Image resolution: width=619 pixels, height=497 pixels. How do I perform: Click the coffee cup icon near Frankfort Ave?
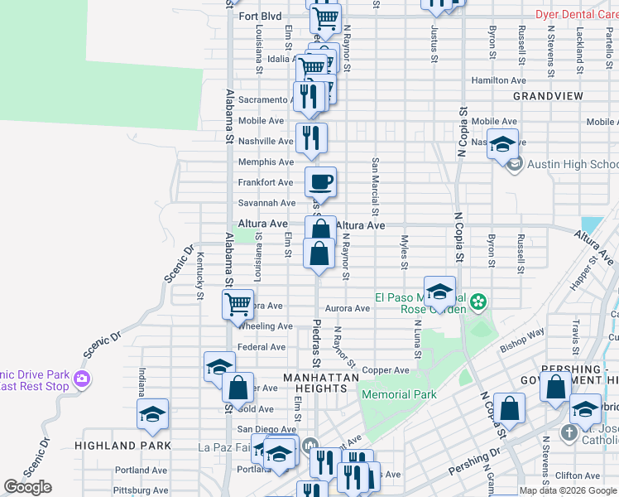[320, 181]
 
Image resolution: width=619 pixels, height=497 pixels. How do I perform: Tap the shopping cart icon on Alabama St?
[238, 304]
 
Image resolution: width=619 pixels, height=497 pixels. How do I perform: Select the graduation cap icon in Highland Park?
[153, 413]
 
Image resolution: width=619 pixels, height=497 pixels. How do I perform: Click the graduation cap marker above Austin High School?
[502, 144]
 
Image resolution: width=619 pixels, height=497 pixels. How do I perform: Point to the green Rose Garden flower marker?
[477, 304]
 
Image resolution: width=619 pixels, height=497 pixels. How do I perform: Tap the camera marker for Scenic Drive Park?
[81, 379]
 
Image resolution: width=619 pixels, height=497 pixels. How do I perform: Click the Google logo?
[28, 487]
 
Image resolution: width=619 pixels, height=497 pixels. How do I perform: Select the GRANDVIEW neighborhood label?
[548, 96]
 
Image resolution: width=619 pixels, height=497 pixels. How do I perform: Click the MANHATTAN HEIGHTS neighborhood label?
[321, 378]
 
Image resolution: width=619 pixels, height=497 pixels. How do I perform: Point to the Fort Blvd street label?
[260, 16]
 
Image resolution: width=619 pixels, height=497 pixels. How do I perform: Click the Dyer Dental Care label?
[576, 14]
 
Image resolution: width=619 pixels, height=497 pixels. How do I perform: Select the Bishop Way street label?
[522, 337]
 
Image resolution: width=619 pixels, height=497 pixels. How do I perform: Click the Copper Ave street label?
[386, 370]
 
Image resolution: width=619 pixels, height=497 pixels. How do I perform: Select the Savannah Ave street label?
[266, 203]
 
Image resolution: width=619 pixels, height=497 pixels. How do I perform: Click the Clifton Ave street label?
[578, 475]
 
